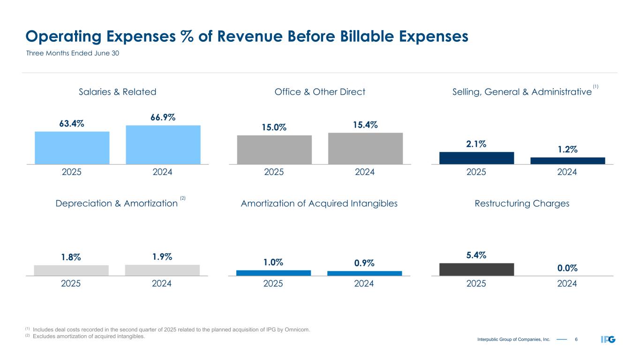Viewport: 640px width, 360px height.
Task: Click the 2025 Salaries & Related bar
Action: [72, 148]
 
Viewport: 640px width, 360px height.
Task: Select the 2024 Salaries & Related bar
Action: [163, 144]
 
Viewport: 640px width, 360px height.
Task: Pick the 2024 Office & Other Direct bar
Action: [365, 148]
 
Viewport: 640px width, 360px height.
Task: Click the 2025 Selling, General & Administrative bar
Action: [476, 158]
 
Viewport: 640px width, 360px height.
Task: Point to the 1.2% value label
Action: [567, 150]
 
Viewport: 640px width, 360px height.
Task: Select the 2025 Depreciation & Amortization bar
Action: [71, 270]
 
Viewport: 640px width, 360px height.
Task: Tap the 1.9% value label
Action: [162, 257]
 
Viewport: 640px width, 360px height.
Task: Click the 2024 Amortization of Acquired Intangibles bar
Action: [364, 273]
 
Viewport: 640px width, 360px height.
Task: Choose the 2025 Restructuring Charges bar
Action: [476, 269]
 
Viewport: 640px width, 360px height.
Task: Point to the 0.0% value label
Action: [567, 268]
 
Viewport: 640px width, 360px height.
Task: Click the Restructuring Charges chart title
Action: [522, 203]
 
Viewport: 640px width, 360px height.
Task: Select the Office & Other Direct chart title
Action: [320, 92]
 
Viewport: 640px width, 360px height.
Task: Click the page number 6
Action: [576, 339]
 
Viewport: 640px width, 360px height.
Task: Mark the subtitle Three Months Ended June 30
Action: [72, 53]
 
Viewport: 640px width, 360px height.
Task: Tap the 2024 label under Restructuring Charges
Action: [567, 284]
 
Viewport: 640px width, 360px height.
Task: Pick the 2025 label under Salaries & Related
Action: [72, 172]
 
